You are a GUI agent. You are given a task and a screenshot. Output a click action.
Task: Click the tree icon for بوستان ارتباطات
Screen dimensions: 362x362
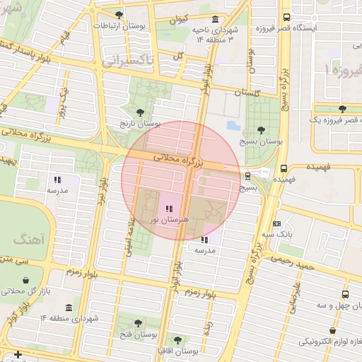click(x=118, y=14)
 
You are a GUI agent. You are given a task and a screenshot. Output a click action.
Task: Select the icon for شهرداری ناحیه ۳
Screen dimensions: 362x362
click(x=214, y=18)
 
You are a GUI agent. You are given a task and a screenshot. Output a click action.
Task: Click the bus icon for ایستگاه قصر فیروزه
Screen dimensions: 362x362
click(x=286, y=18)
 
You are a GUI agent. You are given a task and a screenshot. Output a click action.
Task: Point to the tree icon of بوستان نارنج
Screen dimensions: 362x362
click(x=139, y=112)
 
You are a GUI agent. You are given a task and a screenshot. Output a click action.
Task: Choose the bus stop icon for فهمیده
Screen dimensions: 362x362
click(x=284, y=168)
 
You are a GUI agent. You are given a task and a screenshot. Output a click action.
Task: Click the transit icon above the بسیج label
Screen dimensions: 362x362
click(x=247, y=176)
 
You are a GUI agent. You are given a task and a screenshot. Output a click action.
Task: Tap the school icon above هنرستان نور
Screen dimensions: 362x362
click(x=168, y=209)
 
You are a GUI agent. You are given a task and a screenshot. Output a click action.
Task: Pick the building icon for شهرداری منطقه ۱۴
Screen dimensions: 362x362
click(x=68, y=308)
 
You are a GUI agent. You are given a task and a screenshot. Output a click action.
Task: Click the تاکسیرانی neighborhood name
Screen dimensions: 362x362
click(x=127, y=62)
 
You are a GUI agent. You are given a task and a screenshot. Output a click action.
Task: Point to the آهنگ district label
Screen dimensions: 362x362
click(x=28, y=239)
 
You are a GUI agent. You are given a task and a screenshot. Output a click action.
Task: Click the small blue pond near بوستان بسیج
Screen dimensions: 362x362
click(x=232, y=127)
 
